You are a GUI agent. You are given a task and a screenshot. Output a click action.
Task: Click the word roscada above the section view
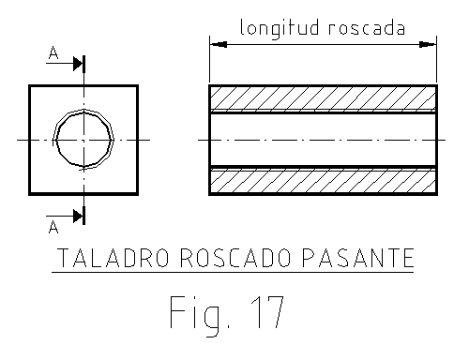tap(368, 27)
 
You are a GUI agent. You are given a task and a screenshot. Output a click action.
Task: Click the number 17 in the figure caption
tap(262, 312)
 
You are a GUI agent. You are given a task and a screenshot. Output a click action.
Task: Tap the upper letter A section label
tap(53, 57)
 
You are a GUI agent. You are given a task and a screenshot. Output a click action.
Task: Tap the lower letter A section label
tap(53, 226)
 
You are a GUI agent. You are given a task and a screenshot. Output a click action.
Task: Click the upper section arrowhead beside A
tap(78, 65)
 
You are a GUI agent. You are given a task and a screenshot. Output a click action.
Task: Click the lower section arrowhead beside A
tap(78, 215)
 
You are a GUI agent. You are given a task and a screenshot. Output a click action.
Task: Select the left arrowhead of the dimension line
tap(217, 43)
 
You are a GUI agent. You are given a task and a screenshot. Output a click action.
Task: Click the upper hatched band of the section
tap(323, 97)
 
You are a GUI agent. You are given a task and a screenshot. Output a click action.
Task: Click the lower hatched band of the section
tap(323, 181)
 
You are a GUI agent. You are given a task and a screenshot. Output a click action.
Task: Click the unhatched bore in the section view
tap(323, 140)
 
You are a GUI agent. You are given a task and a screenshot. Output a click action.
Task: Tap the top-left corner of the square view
tap(30, 86)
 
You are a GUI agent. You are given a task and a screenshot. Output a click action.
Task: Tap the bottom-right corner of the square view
tap(138, 194)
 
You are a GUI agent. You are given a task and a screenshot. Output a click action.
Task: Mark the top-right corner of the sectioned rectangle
tap(437, 86)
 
